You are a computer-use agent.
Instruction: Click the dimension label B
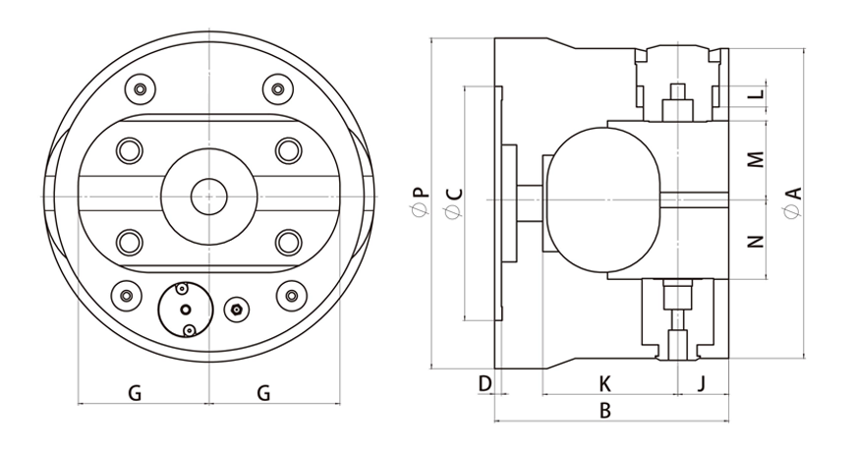point(605,412)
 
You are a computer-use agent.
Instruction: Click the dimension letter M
point(755,158)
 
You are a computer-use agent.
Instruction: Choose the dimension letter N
point(755,241)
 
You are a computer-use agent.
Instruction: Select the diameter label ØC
point(453,202)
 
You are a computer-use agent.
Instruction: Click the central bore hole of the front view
point(208,195)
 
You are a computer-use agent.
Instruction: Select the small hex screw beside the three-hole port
point(235,310)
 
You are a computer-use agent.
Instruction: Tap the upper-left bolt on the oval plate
point(129,150)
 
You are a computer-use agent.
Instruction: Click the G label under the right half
point(263,393)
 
